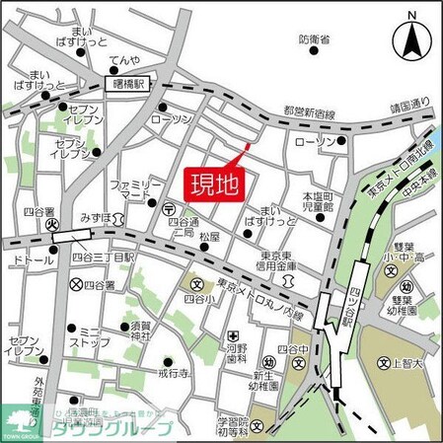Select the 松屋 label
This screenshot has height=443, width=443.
point(208,238)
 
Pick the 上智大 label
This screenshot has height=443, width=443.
point(403,362)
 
